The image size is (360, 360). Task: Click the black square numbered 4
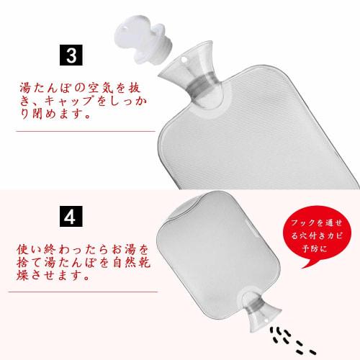(73, 216)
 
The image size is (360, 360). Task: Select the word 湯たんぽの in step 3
(50, 89)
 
